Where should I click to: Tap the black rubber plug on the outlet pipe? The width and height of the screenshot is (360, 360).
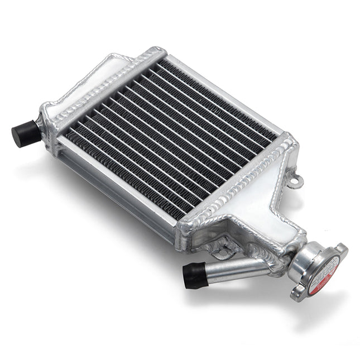195,274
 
